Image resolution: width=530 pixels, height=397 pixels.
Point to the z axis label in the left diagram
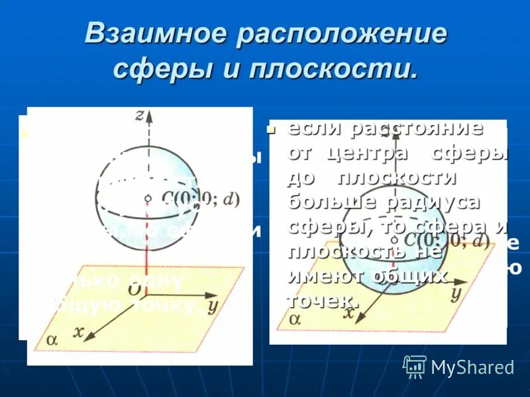140,115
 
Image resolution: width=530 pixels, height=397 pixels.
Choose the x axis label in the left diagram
79,333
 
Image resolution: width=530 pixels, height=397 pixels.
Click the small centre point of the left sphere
149,197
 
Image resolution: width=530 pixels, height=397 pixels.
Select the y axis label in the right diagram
456,294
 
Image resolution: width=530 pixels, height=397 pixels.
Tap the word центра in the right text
370,152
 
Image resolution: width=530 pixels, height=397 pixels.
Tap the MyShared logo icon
415,365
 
